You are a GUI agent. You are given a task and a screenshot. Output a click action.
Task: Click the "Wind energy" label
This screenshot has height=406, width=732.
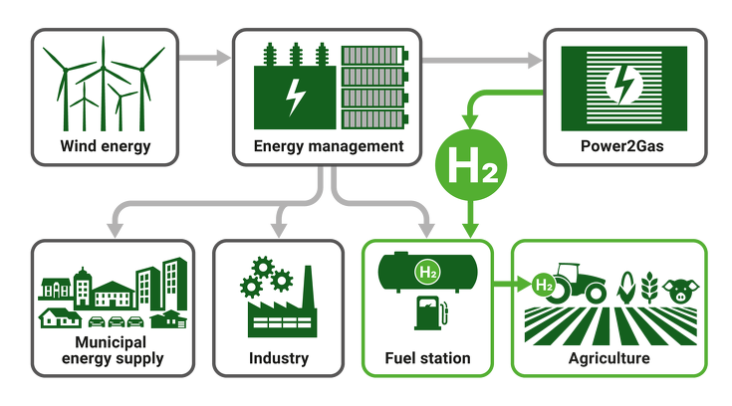(106, 146)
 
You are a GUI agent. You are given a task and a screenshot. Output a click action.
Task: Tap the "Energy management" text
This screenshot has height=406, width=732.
(329, 146)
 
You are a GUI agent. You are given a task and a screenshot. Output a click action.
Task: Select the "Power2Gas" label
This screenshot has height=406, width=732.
(621, 146)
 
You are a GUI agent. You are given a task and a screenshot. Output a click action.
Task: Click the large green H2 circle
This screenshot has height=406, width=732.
(471, 165)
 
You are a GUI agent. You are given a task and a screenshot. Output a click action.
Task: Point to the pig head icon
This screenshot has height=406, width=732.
(680, 291)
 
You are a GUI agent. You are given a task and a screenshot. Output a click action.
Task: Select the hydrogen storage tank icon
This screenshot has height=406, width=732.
(427, 272)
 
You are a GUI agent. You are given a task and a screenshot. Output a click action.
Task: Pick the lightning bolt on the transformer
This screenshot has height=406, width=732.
(295, 97)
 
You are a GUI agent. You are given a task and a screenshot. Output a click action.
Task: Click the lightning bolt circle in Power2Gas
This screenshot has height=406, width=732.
(624, 84)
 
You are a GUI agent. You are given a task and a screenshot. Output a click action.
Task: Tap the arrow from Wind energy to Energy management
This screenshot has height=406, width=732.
(204, 58)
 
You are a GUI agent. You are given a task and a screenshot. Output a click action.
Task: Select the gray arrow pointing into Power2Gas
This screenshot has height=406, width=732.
(482, 60)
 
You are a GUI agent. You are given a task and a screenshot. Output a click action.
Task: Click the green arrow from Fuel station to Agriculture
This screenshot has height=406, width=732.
(512, 283)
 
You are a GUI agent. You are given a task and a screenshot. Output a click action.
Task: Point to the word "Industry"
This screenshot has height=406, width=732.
(279, 358)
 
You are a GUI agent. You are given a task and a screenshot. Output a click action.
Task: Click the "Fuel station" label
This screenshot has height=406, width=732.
(427, 358)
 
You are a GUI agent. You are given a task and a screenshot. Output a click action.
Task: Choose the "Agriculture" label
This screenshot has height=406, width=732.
(610, 358)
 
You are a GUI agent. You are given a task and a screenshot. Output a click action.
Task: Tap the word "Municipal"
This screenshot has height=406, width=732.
(111, 342)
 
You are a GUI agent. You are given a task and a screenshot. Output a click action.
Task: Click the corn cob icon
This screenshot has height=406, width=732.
(626, 288)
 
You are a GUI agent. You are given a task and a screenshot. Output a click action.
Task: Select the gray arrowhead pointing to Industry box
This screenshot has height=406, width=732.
(279, 230)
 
